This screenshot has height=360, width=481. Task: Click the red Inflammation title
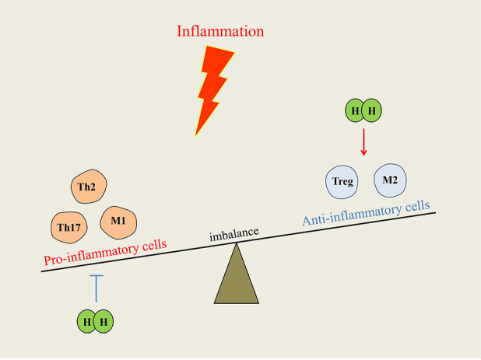tap(220, 32)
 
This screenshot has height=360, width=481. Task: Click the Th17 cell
tap(71, 227)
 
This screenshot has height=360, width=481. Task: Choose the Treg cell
tap(343, 183)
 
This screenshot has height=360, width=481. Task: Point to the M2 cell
tap(391, 181)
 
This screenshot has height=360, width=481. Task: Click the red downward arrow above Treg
tap(363, 144)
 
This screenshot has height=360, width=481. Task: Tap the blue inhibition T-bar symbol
tap(95, 287)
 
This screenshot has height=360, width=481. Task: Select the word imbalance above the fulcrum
tap(233, 232)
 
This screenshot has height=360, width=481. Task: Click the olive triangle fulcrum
tap(237, 276)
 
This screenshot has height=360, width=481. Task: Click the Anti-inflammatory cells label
tap(366, 214)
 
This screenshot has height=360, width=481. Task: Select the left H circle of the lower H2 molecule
tap(86, 320)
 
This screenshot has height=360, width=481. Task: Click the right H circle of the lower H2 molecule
tap(104, 320)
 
